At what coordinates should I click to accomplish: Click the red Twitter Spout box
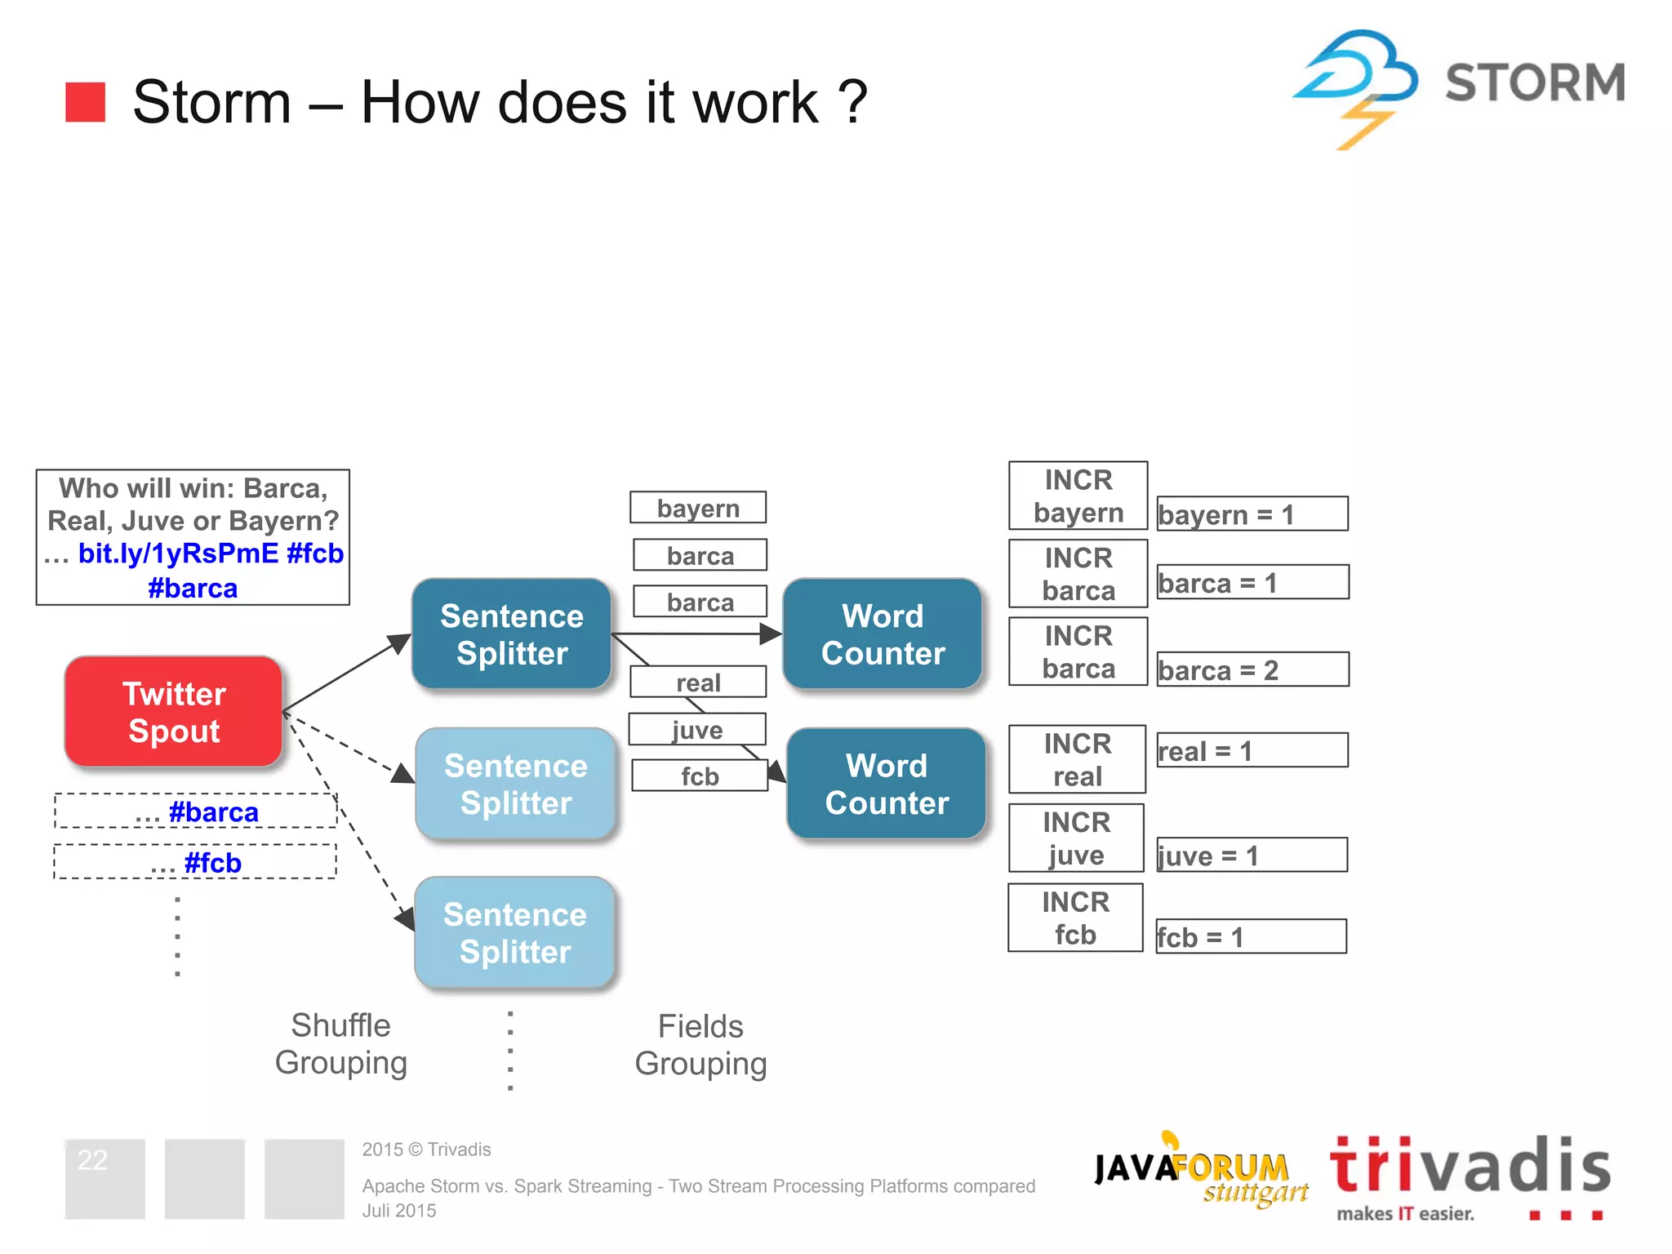173,712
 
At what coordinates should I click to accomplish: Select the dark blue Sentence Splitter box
512,634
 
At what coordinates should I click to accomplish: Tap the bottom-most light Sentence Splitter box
514,933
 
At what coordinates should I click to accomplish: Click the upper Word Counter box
883,634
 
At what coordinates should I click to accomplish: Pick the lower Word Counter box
887,784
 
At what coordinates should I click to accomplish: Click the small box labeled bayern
698,508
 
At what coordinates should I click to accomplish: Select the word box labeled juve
697,729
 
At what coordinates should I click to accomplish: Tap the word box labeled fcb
700,776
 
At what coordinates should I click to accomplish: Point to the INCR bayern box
1078,496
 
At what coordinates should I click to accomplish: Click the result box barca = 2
1252,669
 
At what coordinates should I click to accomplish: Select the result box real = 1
1252,750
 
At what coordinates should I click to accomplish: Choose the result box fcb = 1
1251,936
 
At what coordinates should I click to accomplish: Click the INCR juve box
1076,838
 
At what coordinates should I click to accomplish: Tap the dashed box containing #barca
196,812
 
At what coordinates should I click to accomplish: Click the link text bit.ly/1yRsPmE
178,554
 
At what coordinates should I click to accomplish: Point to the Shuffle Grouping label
340,1043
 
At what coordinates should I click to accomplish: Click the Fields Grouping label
700,1044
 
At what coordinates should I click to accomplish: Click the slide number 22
92,1160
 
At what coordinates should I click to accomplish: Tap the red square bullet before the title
86,102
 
